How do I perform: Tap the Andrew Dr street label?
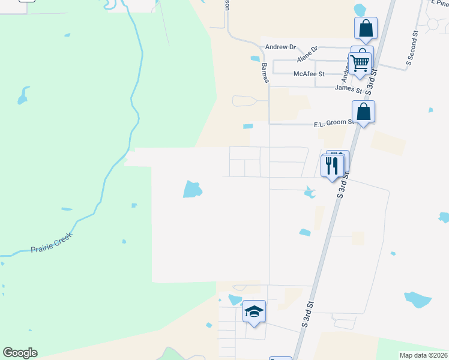(x=280, y=47)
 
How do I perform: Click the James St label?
(x=348, y=89)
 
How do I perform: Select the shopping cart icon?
(x=360, y=62)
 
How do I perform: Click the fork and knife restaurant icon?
(x=332, y=164)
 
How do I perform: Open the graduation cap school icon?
(x=254, y=311)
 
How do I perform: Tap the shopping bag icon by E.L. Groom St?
(x=363, y=112)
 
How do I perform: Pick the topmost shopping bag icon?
(x=366, y=28)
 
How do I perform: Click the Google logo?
(x=20, y=353)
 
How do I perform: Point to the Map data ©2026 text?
(x=423, y=355)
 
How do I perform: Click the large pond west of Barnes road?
(x=192, y=190)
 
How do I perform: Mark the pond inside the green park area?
(x=23, y=95)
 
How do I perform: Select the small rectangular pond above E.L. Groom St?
(x=248, y=127)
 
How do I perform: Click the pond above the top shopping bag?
(x=360, y=10)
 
